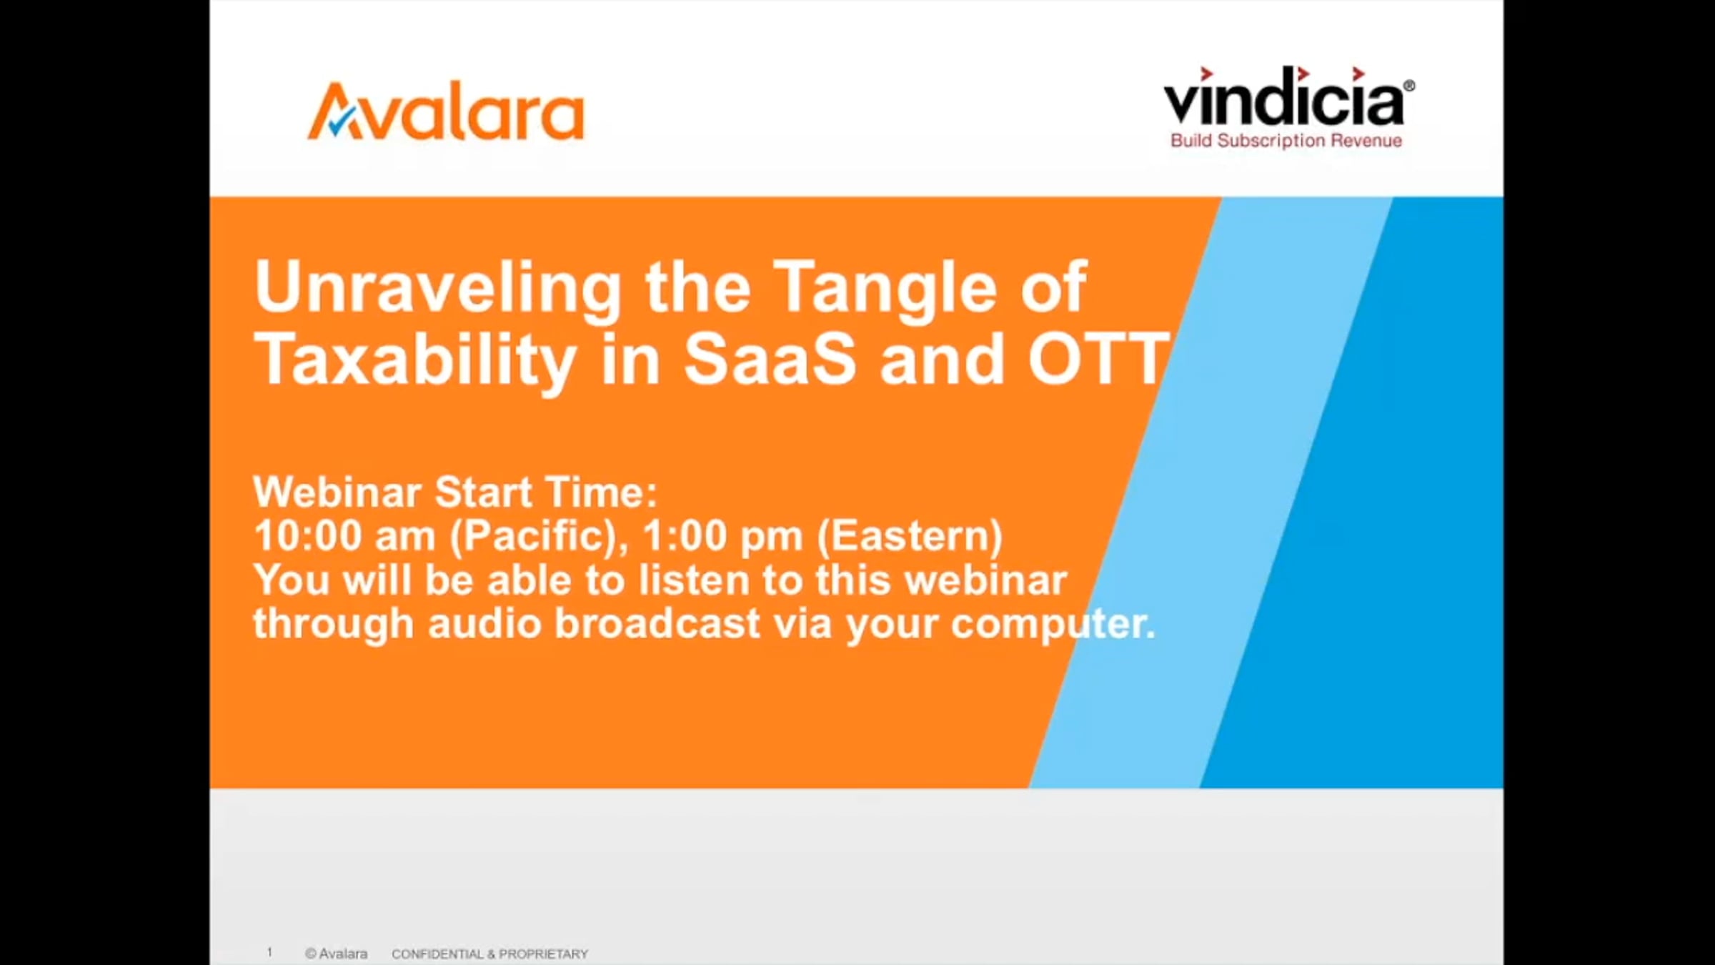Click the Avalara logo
tap(446, 112)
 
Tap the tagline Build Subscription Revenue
tap(1286, 141)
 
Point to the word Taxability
tap(415, 362)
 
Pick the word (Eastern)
tap(910, 536)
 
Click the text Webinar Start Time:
tap(455, 493)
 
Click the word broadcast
tap(657, 623)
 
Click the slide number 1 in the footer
tap(269, 952)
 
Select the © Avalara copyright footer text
tap(336, 954)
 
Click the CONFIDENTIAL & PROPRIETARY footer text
tap(489, 954)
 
